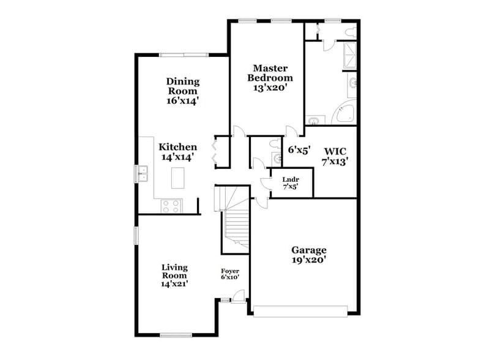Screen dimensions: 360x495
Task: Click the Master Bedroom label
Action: pos(269,73)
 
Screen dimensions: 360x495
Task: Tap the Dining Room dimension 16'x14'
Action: pos(182,101)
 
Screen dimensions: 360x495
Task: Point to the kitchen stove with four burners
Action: pos(171,206)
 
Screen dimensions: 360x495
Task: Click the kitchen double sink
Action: pos(142,174)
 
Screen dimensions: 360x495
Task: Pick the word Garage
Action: pos(308,250)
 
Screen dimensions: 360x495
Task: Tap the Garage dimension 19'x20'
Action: pos(308,260)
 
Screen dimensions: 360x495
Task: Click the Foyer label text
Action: pos(230,271)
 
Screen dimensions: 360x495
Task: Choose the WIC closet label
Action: pos(335,151)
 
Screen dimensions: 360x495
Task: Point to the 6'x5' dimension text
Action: pos(300,149)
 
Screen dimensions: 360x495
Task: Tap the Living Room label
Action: pos(174,271)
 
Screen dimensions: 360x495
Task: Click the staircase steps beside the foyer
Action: pos(236,227)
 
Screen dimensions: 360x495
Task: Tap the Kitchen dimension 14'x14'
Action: pos(178,157)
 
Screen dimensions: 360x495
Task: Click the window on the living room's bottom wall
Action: pos(176,335)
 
